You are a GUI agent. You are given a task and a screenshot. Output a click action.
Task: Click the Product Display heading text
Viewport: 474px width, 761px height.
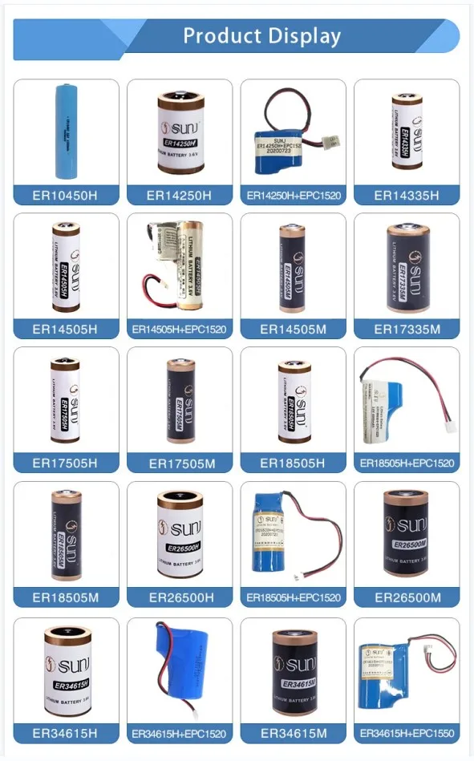[x=261, y=36]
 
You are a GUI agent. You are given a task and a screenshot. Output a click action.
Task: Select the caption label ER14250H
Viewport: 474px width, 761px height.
[x=179, y=195]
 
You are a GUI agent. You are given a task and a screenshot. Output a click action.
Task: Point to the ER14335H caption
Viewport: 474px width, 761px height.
[x=407, y=195]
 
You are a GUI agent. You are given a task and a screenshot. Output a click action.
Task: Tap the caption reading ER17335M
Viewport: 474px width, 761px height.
[x=407, y=329]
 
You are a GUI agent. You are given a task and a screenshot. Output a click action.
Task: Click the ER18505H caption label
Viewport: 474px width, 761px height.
[x=293, y=463]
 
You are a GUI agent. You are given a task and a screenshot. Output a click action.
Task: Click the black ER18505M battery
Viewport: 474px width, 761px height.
[x=67, y=533]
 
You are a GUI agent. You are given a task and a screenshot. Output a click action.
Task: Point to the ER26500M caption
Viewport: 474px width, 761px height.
[x=407, y=597]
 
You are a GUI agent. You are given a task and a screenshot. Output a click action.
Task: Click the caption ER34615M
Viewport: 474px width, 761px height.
[x=293, y=733]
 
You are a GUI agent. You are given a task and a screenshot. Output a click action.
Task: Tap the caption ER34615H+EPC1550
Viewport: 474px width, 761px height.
[x=407, y=733]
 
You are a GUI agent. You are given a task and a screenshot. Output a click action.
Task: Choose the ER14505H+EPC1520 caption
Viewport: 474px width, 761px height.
[x=179, y=329]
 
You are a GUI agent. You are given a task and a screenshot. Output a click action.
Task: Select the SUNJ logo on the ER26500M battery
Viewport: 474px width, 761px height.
[x=407, y=525]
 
